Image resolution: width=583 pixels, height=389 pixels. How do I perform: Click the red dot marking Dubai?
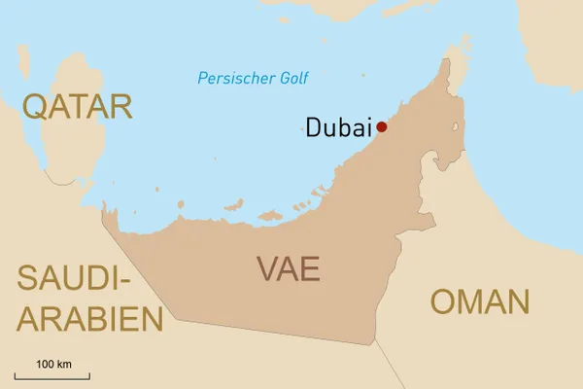[382, 126]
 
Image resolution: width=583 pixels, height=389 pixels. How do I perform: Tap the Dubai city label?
[339, 127]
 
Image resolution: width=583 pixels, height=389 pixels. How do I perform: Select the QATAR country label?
[78, 106]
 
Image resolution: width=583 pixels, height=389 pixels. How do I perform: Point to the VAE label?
[288, 268]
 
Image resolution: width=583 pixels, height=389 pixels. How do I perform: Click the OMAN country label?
[480, 301]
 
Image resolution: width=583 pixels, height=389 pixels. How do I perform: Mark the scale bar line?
[52, 375]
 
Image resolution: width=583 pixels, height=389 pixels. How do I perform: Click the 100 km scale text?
[53, 364]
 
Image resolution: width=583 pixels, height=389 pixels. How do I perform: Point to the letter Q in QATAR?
[38, 106]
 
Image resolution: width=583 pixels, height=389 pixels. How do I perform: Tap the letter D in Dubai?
[313, 127]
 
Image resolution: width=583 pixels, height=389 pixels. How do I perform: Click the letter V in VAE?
[266, 268]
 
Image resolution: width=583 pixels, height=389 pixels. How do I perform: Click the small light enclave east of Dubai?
[454, 127]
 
